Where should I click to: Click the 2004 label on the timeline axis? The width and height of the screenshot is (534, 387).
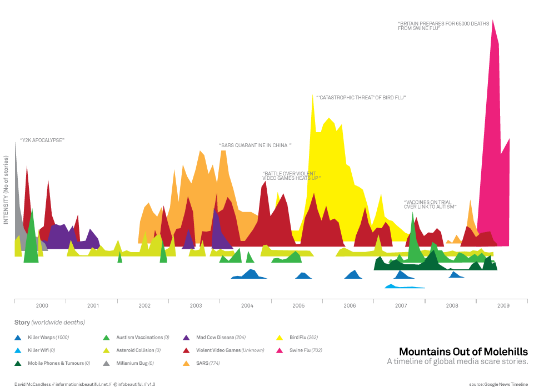coord(247,306)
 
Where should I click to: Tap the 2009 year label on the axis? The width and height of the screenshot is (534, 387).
coord(503,306)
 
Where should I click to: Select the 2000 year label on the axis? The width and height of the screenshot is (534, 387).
coord(42,306)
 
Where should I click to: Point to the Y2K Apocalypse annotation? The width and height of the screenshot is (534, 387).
coord(42,140)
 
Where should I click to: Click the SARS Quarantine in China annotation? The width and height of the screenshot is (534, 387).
coord(255,145)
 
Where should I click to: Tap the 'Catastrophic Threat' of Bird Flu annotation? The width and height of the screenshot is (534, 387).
coord(361,98)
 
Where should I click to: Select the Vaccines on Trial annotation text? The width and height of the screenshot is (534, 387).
coord(430,204)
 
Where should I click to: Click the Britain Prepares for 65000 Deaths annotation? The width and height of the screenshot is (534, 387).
coord(443,26)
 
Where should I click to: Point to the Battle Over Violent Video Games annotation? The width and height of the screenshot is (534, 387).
coord(291,175)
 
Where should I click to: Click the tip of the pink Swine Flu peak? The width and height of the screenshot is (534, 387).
coord(493,21)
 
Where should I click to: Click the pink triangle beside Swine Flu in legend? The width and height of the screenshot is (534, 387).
coord(280,350)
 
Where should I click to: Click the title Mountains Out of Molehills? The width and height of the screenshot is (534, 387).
coord(463,351)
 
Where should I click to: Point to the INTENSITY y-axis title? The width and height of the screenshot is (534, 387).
coord(6,189)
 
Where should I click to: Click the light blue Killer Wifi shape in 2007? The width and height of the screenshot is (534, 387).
coord(404,287)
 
